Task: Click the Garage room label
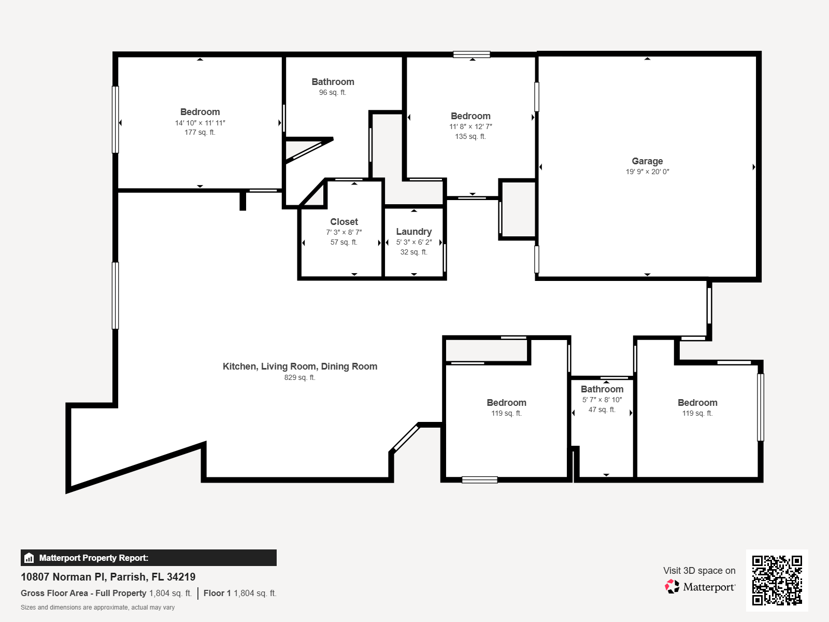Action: (x=647, y=161)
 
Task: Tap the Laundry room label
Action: (x=413, y=232)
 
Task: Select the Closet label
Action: (x=344, y=222)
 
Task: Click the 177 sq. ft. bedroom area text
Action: (x=200, y=133)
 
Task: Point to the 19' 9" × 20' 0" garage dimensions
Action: (x=647, y=172)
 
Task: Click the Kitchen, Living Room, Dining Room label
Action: (x=299, y=366)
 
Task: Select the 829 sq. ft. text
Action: (x=299, y=377)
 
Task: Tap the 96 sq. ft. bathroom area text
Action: (x=333, y=93)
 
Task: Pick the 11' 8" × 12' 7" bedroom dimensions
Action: (x=470, y=126)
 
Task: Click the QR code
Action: (x=777, y=580)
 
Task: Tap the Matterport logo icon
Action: (x=672, y=587)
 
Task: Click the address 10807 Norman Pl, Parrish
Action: (x=108, y=577)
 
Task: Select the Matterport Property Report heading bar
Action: (x=149, y=558)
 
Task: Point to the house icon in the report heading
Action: (x=30, y=558)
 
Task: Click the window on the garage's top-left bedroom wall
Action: (x=537, y=97)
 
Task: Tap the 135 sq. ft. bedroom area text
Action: (x=470, y=137)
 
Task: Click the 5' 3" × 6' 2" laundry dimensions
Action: (x=413, y=242)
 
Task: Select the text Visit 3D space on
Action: (x=699, y=571)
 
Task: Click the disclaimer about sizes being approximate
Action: (x=98, y=607)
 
